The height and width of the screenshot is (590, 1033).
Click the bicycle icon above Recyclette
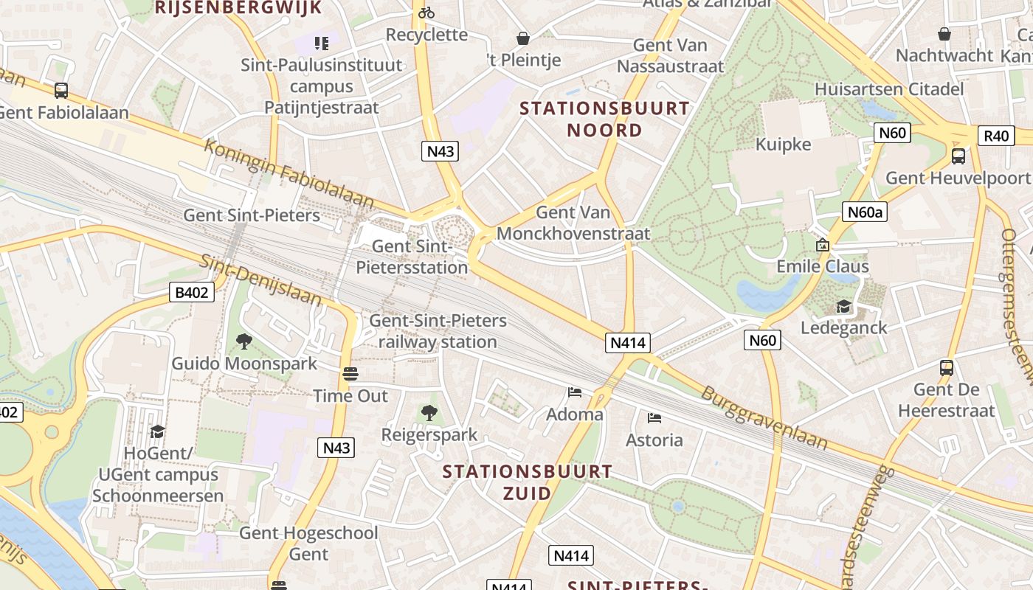point(426,12)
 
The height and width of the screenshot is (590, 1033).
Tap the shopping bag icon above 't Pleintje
point(523,38)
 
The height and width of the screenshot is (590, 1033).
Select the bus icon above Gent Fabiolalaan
point(61,90)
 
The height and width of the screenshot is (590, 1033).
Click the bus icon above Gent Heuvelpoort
point(958,156)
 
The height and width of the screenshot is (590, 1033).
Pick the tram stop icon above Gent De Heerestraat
point(947,367)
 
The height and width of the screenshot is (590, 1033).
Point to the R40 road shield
point(996,136)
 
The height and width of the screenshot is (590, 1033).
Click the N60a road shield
point(865,212)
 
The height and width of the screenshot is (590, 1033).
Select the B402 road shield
point(191,293)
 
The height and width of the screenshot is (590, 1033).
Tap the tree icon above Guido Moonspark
point(243,341)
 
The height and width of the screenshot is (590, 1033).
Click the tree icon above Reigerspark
point(429,413)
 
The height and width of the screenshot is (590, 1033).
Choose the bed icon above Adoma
point(575,392)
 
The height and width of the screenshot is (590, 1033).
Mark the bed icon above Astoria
point(654,418)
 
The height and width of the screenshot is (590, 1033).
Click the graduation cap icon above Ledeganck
point(843,306)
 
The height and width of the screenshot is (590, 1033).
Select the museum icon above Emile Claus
point(822,244)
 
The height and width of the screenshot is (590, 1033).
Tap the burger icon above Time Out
point(350,373)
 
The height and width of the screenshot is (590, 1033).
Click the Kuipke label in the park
point(783,144)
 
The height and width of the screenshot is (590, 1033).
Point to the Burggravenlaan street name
point(763,417)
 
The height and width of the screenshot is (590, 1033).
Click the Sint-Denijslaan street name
point(261,280)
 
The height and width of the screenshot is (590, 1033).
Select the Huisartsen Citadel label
point(889,89)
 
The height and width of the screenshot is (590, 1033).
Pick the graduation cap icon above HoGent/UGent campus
point(157,431)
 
